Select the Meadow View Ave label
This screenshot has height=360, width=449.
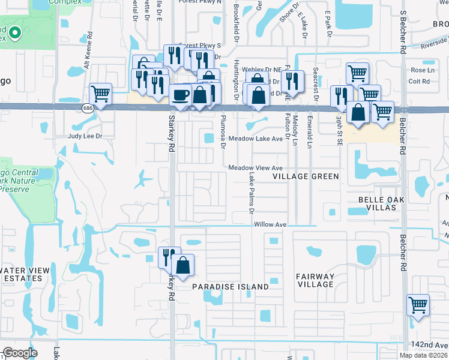pyautogui.click(x=255, y=168)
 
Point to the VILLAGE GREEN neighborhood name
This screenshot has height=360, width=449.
pyautogui.click(x=306, y=176)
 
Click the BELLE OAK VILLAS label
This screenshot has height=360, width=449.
pyautogui.click(x=378, y=203)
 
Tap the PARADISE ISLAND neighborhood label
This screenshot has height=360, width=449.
pyautogui.click(x=231, y=287)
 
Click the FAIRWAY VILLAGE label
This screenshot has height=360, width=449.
pyautogui.click(x=315, y=280)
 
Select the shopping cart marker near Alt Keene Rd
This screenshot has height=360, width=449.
pyautogui.click(x=100, y=94)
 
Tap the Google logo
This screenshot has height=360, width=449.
pyautogui.click(x=20, y=353)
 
